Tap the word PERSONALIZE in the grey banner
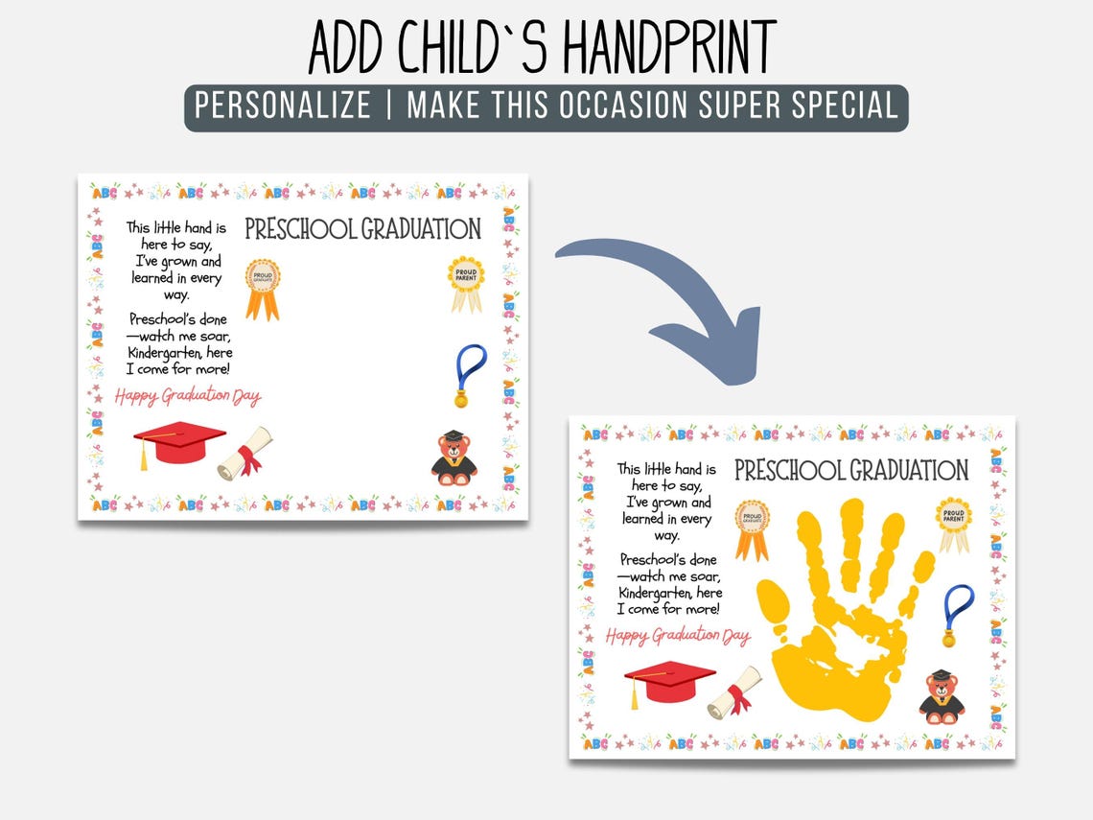click(x=283, y=105)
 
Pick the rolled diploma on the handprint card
click(x=735, y=692)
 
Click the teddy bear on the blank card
click(x=453, y=457)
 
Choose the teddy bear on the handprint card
click(x=942, y=697)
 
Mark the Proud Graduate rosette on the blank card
click(x=262, y=287)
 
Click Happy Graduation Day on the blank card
click(x=188, y=396)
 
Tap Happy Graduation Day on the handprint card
click(x=678, y=636)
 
